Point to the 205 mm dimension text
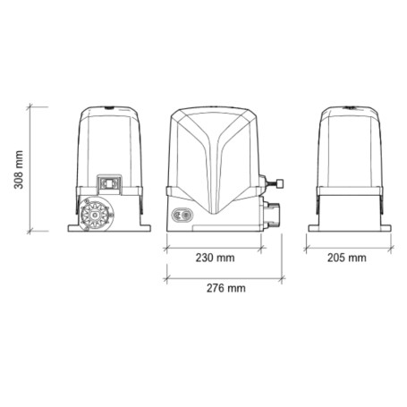coord(347,259)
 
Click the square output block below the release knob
coord(271,212)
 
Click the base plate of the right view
coord(348,228)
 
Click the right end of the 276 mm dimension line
coord(283,276)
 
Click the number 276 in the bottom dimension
coord(216,288)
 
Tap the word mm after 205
coord(357,259)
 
